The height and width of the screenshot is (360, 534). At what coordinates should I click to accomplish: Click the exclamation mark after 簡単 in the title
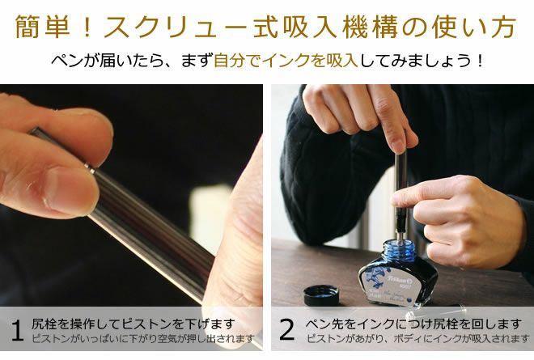click(87, 27)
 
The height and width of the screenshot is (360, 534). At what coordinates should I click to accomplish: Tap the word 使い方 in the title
click(475, 26)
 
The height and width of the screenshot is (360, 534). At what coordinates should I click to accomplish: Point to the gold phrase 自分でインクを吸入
click(286, 61)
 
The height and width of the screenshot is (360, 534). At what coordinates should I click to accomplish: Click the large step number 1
click(17, 330)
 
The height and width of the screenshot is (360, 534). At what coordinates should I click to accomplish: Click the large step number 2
click(286, 330)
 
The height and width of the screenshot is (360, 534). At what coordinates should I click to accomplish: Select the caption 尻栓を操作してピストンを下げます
click(133, 324)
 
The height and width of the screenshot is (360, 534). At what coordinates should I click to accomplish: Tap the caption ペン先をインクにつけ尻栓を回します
click(413, 324)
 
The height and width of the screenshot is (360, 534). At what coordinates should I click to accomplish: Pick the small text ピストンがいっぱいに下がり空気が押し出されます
click(143, 339)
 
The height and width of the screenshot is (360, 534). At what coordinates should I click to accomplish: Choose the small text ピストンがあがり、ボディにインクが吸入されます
click(417, 339)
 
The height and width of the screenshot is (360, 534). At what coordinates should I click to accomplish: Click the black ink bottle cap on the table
click(321, 295)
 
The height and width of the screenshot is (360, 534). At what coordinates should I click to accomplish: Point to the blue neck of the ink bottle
click(398, 250)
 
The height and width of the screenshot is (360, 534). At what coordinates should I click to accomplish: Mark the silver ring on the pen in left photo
click(91, 168)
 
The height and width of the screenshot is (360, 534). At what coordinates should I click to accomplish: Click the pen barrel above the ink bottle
click(400, 191)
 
